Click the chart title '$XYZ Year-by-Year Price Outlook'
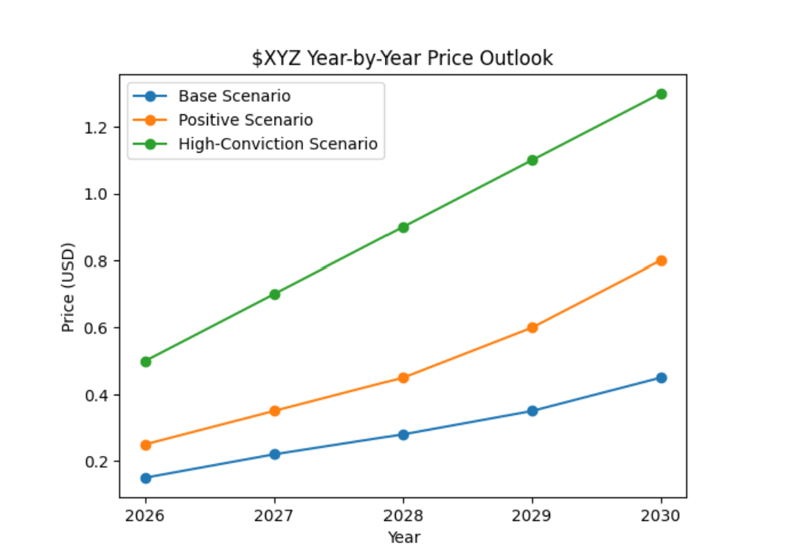[403, 58]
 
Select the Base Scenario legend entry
[234, 97]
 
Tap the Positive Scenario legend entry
[245, 120]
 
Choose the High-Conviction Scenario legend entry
[277, 144]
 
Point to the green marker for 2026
[146, 361]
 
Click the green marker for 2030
[661, 94]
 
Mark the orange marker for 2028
[403, 378]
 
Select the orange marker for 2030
[661, 260]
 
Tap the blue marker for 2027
[274, 454]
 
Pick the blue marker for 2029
[532, 411]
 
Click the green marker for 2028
[403, 227]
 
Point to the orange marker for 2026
[146, 445]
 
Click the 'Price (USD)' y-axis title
[69, 287]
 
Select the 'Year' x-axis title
[403, 536]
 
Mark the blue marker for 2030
[661, 378]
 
